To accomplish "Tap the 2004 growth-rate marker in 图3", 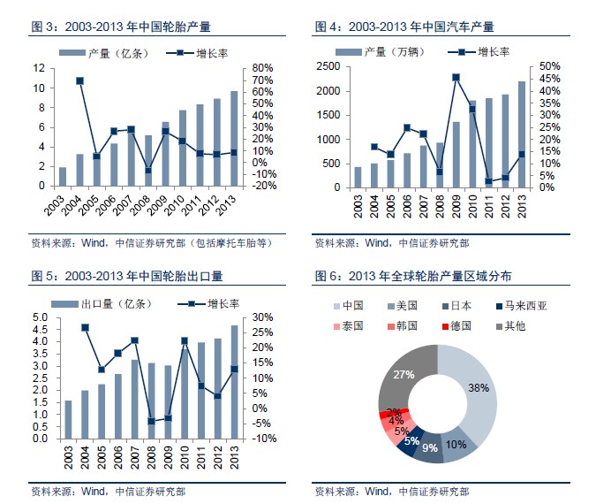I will tap(79, 80).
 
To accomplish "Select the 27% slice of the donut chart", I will tap(404, 376).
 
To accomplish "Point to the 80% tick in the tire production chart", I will tap(263, 68).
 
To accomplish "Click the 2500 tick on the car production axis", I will tap(329, 66).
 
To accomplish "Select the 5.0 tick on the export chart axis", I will tap(41, 317).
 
